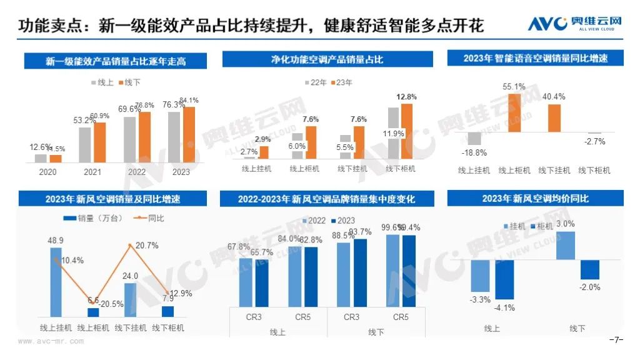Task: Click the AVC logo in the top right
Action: click(x=575, y=24)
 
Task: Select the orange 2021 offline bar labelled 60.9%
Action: click(x=100, y=142)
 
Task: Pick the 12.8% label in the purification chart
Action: click(x=406, y=97)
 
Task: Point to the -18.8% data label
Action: click(x=472, y=152)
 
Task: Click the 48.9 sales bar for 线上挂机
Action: click(x=56, y=282)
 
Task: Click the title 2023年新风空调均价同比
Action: click(x=535, y=199)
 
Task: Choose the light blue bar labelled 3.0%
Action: click(x=565, y=245)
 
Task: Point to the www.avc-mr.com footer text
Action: click(x=51, y=341)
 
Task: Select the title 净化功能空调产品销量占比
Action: click(x=327, y=60)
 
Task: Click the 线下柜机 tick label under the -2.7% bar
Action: click(x=594, y=170)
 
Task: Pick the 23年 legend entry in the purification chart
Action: click(x=341, y=82)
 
